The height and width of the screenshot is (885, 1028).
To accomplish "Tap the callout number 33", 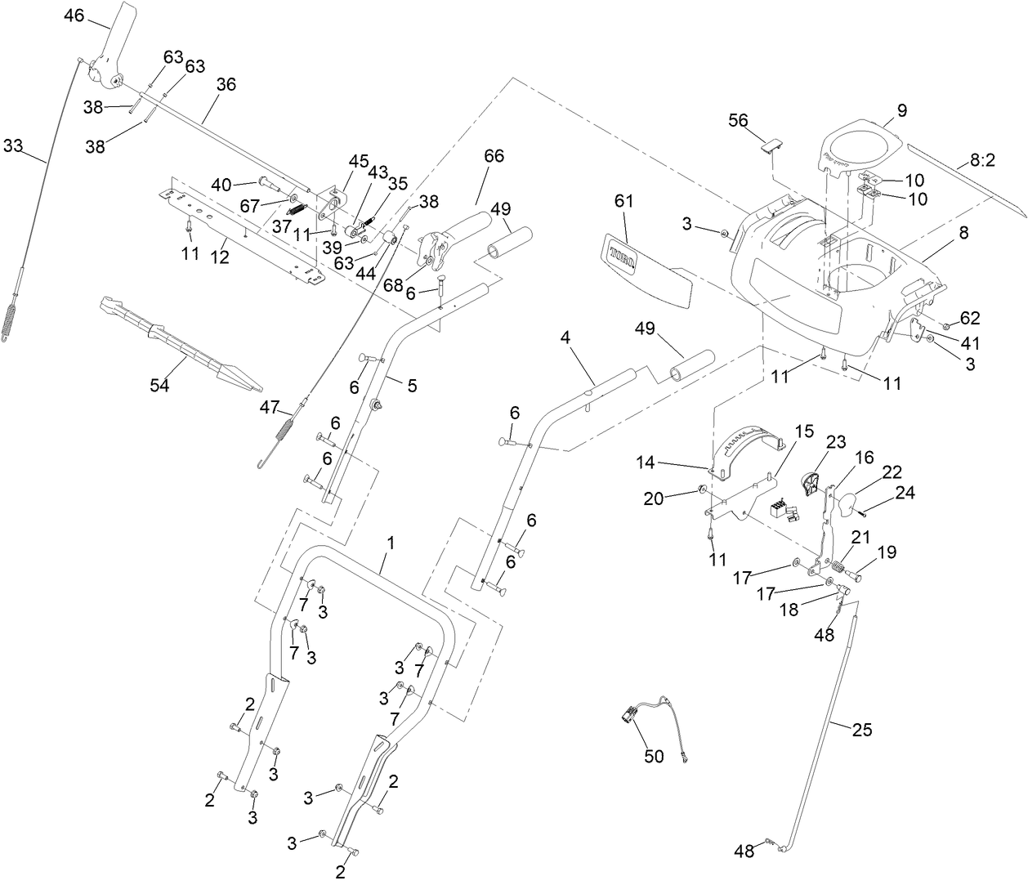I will (x=13, y=145).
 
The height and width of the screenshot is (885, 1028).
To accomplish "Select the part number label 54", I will (x=159, y=385).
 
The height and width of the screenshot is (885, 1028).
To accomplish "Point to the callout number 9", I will (x=901, y=110).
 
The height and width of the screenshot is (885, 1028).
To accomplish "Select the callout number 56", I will (x=738, y=120).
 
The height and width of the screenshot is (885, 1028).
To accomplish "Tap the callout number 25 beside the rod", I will (x=862, y=730).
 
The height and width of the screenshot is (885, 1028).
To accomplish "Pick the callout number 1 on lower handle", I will (x=391, y=542).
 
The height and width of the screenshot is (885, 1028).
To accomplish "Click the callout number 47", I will (x=270, y=406).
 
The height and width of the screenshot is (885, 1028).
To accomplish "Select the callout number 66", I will (x=494, y=156).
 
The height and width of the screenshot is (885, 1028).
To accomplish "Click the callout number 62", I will (x=969, y=317).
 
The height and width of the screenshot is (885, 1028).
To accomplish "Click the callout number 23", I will (x=835, y=441).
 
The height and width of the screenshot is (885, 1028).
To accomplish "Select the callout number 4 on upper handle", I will (x=565, y=337).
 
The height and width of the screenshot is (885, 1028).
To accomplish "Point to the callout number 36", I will (x=226, y=83).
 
